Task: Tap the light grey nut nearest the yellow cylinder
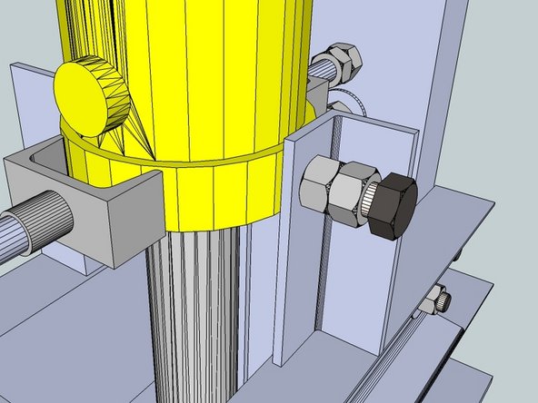pyautogui.click(x=314, y=181)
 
